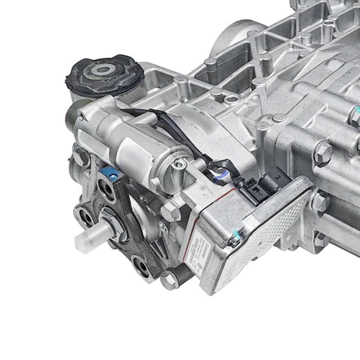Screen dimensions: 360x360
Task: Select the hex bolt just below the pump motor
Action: pos(171,210)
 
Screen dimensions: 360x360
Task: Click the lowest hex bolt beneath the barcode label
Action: pos(168,280)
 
